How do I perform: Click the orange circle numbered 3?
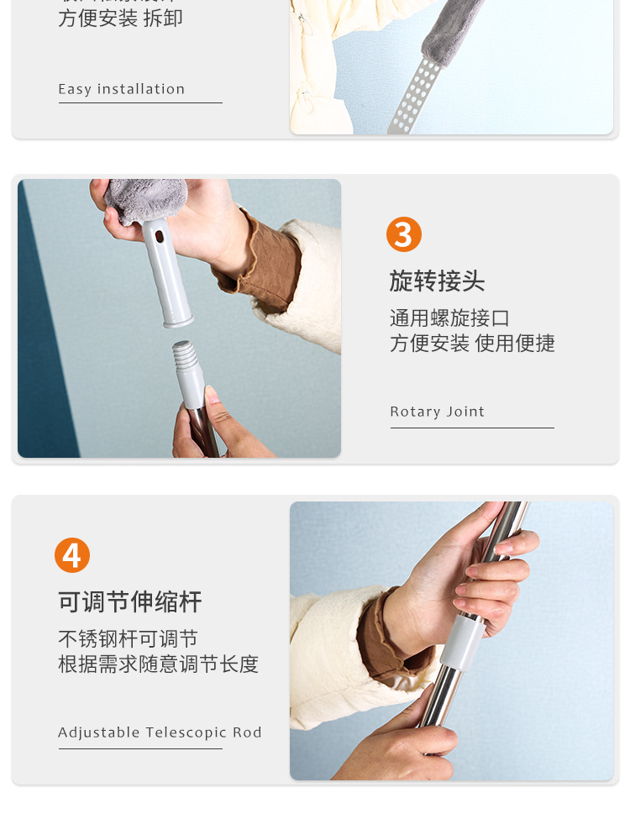(404, 234)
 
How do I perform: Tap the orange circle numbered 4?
(72, 555)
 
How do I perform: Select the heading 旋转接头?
(437, 281)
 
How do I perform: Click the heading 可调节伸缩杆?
(130, 602)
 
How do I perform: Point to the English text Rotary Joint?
(437, 412)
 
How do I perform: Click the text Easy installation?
(121, 89)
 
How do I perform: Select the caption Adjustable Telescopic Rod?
(160, 732)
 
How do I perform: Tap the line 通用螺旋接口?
(449, 318)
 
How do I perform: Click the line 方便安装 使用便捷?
(472, 344)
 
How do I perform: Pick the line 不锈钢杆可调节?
(128, 639)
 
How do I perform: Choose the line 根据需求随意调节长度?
(158, 664)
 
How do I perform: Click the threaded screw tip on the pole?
(186, 357)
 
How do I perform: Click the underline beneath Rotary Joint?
(471, 428)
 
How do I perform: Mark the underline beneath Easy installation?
(140, 103)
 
